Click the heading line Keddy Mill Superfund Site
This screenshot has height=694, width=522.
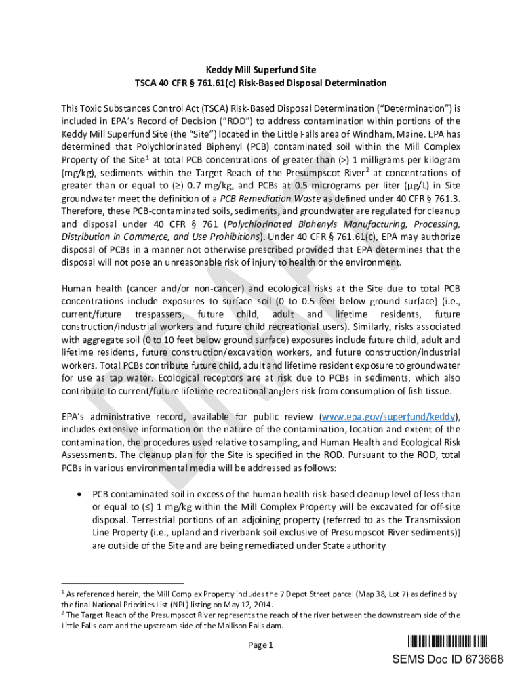[261, 70]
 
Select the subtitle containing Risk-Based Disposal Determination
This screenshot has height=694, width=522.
[261, 83]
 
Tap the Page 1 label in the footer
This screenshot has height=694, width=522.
[260, 645]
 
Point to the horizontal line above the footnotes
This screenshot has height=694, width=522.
[122, 582]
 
